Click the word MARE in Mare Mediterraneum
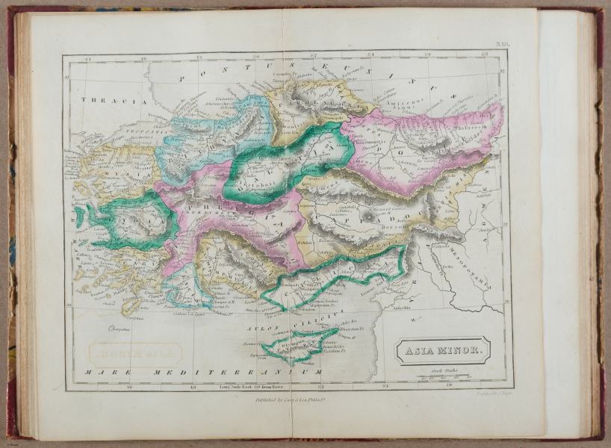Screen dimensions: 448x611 click(x=102, y=371)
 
